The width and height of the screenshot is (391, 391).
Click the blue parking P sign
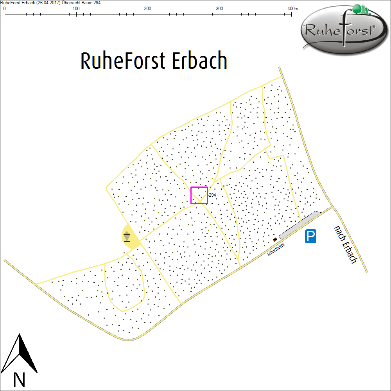(x=311, y=236)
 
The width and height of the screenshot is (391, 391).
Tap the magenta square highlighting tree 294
(x=199, y=195)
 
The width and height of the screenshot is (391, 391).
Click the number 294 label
(x=212, y=195)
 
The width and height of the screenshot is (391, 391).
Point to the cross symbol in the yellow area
(x=127, y=236)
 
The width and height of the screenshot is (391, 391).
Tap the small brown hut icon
(x=275, y=239)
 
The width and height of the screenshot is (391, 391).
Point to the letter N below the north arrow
(x=19, y=379)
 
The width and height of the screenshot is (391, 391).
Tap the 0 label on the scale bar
(x=4, y=9)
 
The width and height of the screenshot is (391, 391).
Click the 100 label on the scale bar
(x=76, y=9)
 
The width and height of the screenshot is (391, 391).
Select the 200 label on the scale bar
(x=147, y=9)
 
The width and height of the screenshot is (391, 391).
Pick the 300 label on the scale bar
(x=219, y=9)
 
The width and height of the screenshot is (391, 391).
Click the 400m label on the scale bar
(x=292, y=9)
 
